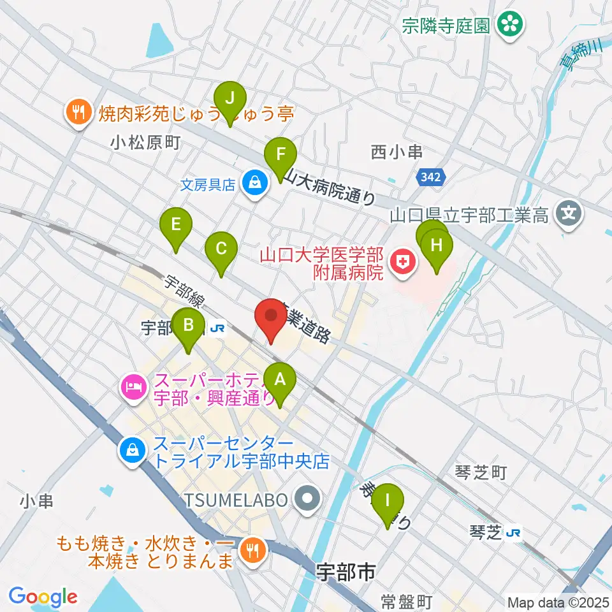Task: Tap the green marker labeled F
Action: pos(280,154)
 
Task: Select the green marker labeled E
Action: pos(177,225)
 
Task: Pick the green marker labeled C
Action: pos(221,249)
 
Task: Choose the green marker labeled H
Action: pos(437,245)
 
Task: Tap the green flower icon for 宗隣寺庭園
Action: pos(510,25)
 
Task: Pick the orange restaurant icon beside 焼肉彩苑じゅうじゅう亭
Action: pos(78,113)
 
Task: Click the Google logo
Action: pos(43,597)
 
